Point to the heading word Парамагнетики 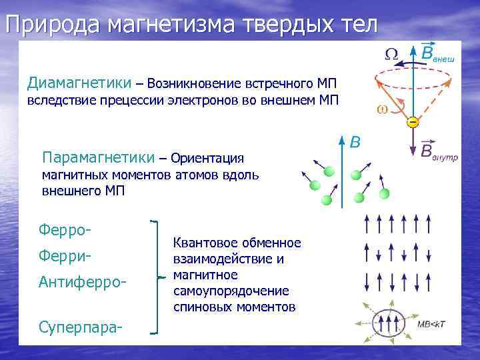pyautogui.click(x=97, y=158)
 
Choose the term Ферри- pyautogui.click(x=65, y=256)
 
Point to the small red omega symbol pyautogui.click(x=383, y=109)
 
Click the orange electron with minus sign pyautogui.click(x=413, y=123)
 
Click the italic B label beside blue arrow pyautogui.click(x=355, y=142)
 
